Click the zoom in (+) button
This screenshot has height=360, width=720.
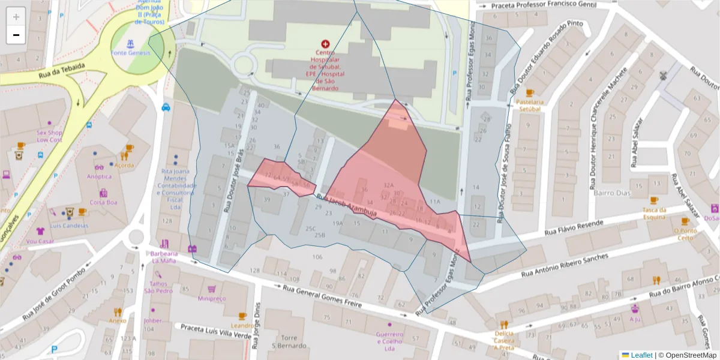coord(16,16)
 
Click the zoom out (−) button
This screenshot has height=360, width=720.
coord(16,35)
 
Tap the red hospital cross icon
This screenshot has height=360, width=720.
coord(325,44)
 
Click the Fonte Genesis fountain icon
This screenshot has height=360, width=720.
coord(130,43)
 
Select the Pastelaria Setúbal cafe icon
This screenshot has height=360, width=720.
coord(530,92)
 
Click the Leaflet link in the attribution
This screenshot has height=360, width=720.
coord(641,355)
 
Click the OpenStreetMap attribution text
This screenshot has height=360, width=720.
coord(687,355)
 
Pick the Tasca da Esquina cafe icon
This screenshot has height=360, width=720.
coord(654,200)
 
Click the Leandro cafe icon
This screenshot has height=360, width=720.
coord(242,316)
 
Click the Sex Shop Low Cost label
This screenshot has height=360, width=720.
coord(50,136)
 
